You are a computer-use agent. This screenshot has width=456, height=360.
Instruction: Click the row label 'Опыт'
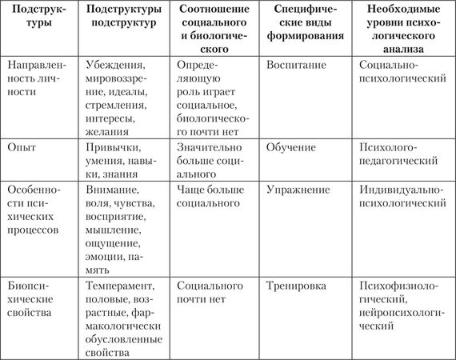pos(22,149)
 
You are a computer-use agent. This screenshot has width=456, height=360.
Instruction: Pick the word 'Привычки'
pos(113,149)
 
